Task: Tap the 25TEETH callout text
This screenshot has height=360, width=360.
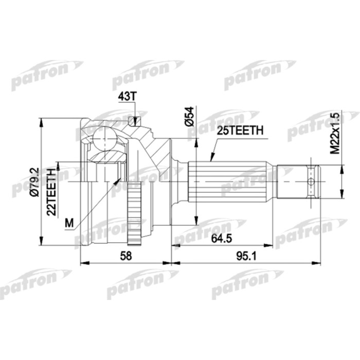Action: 241,132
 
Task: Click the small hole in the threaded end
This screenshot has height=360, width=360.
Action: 310,182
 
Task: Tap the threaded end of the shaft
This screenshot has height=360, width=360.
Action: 298,182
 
